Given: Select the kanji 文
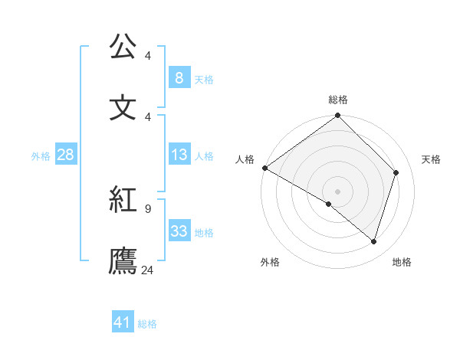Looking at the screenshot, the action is pos(123,106).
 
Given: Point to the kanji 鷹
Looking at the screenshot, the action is pos(123,260).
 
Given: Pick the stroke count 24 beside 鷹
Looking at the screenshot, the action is pos(148,270).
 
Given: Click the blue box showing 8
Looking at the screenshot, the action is pos(179,77).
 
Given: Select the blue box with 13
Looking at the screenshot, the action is pos(179,155).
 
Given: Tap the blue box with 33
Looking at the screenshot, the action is pos(179,231).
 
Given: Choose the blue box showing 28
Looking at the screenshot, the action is pos(65,155).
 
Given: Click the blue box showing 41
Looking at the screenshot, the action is pos(123,322).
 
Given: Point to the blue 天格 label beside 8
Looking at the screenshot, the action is pos(204,79).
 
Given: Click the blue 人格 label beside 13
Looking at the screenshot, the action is pos(204,156).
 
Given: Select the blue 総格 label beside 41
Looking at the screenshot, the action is pos(147,324).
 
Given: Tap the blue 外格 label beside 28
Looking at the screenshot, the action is pos(41,156).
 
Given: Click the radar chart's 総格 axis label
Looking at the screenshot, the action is pos(338,100).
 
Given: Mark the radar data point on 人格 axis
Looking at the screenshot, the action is pos(264,168).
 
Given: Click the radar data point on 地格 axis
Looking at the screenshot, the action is pos(373,242).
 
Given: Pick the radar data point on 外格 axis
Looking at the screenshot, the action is pos(329,204).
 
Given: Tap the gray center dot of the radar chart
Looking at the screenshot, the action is pos(337,191).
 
